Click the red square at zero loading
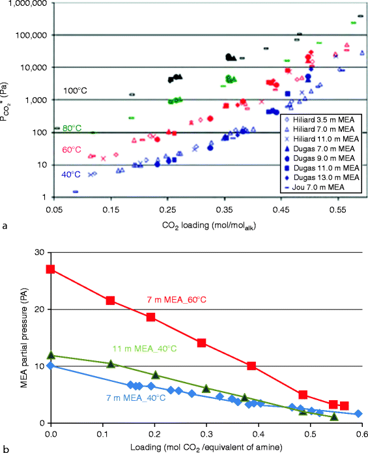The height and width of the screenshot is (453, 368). (50, 269)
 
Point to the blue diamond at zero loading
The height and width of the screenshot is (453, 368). (50, 366)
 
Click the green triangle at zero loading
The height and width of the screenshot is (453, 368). (50, 356)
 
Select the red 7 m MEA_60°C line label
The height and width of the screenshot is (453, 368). (177, 300)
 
